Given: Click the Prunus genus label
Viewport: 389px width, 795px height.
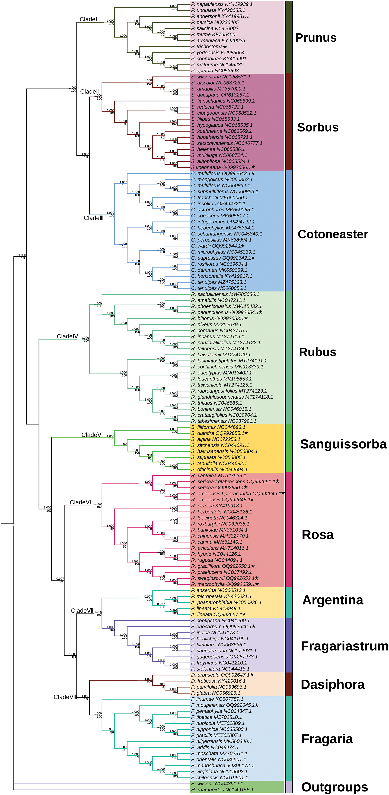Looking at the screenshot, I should point(315,38).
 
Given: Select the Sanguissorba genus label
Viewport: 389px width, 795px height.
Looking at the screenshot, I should point(343,444).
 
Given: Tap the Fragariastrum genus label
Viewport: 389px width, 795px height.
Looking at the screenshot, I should point(344,646).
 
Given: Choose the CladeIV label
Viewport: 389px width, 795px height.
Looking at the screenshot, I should point(67,336).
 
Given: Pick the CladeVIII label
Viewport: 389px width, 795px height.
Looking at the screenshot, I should point(65,697).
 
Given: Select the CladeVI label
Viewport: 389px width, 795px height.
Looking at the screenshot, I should point(80,502).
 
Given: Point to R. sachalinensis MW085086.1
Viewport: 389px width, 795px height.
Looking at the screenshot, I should point(225,294).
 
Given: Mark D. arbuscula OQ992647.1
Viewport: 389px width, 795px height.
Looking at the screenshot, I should point(220,675).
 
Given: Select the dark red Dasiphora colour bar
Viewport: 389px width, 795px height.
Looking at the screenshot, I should point(289,684).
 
